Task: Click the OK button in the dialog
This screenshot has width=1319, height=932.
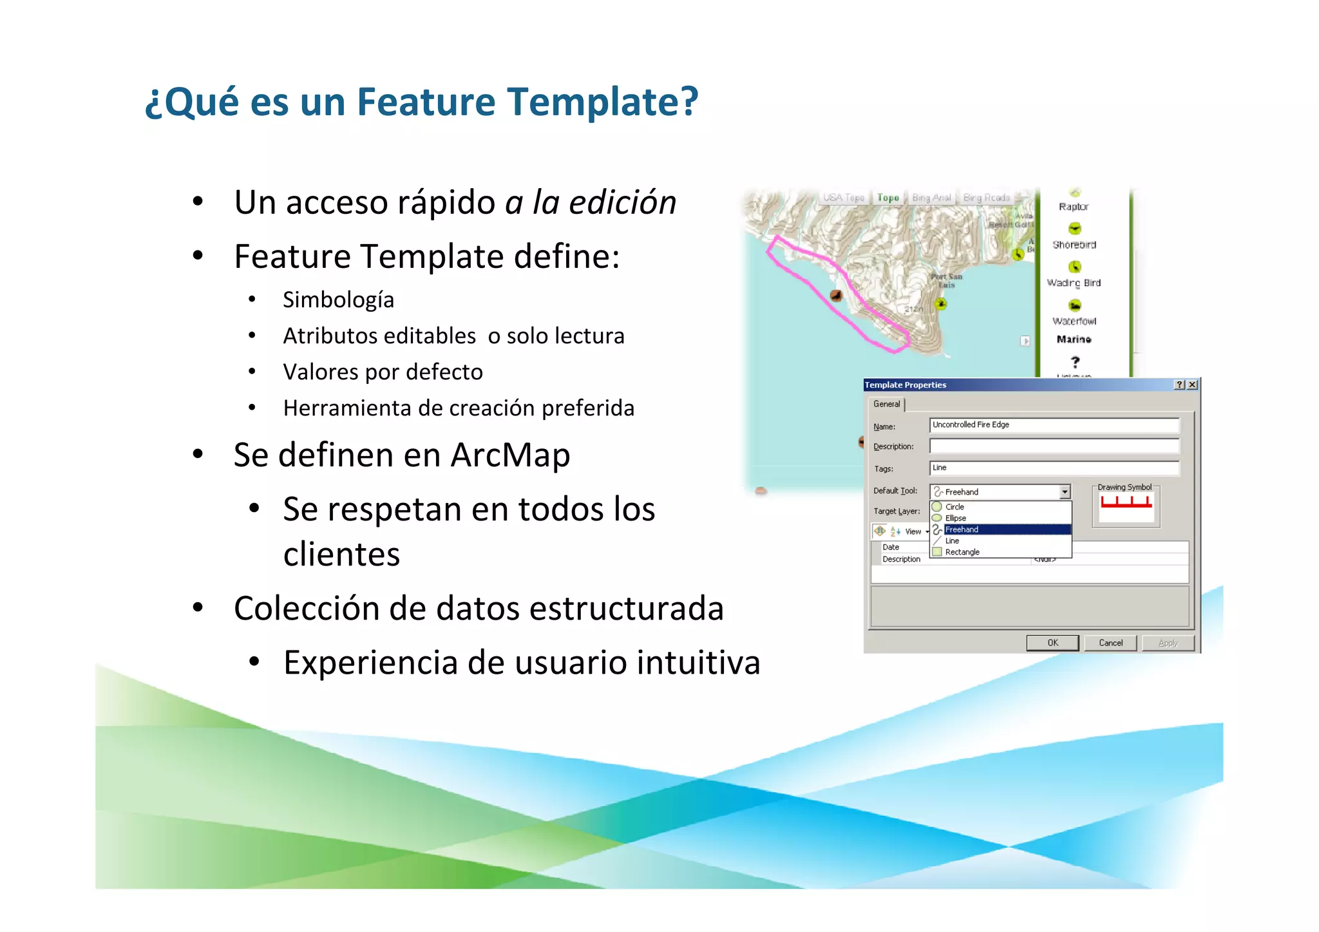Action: click(1052, 643)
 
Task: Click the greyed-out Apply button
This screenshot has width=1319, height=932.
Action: click(1168, 643)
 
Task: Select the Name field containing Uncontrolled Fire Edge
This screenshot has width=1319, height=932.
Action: click(1054, 425)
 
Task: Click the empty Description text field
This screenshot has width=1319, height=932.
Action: click(1054, 446)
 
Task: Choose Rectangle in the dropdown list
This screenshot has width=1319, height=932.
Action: click(962, 552)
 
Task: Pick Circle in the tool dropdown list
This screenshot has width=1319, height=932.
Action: click(954, 507)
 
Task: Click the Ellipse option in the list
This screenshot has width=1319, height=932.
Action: click(956, 518)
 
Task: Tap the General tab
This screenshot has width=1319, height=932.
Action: click(887, 404)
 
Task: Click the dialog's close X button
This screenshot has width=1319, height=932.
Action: click(1193, 385)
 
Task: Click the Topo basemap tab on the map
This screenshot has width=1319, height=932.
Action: click(888, 198)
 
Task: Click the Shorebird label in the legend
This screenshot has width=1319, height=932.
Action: click(1074, 245)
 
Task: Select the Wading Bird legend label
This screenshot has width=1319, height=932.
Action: click(1074, 283)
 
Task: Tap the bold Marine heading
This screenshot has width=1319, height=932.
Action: click(1074, 339)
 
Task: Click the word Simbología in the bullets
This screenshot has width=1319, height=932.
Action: click(338, 300)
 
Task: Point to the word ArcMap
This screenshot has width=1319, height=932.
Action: click(510, 455)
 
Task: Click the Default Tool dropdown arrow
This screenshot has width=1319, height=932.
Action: click(1065, 492)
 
